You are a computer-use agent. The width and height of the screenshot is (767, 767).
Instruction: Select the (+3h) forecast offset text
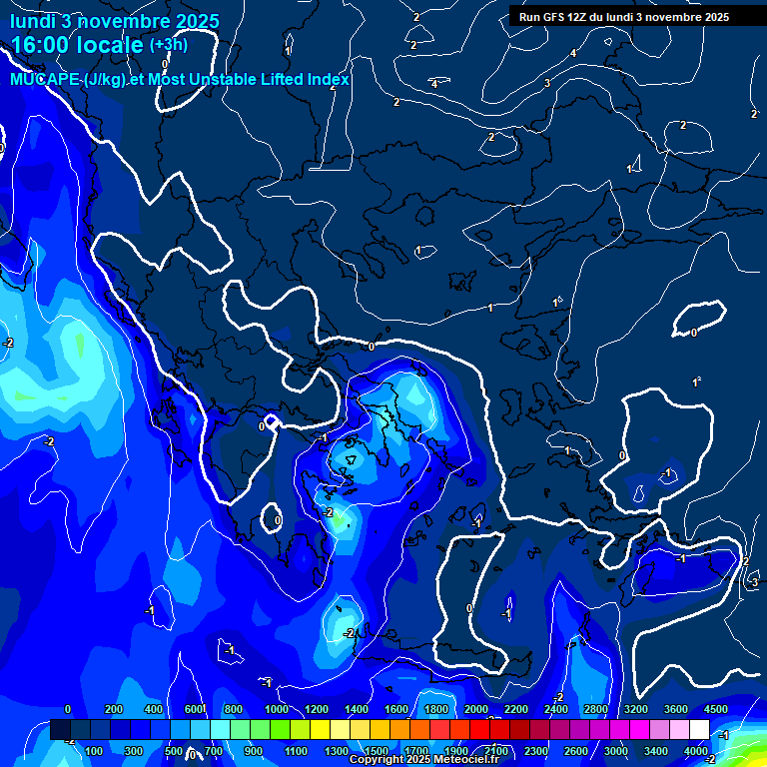168,44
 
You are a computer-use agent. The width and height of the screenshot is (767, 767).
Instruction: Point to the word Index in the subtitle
328,79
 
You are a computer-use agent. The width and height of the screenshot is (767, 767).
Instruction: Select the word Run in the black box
529,17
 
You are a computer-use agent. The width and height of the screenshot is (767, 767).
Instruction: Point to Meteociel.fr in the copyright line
467,760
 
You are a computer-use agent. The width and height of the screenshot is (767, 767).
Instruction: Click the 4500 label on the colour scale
716,709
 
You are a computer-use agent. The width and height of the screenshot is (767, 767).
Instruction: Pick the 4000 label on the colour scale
696,751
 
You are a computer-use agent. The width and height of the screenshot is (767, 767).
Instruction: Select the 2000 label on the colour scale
476,709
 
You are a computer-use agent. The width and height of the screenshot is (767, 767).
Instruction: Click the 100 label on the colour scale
94,751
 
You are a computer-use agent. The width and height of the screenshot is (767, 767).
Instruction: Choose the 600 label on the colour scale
195,709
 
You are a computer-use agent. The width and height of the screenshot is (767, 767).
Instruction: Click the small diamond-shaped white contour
271,423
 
